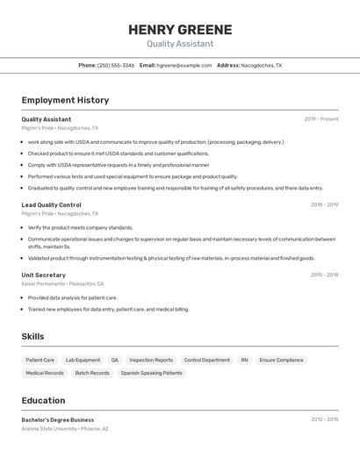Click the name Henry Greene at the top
180,29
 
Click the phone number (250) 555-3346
116,65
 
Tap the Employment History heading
65,100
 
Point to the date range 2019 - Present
321,119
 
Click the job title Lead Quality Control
51,204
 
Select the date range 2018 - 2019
324,204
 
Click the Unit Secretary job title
43,275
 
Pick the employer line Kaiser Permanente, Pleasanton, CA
62,283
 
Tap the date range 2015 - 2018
324,275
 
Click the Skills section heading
32,336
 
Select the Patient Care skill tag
40,360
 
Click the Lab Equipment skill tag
83,360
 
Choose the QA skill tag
114,360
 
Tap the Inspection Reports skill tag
151,360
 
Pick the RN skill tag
244,360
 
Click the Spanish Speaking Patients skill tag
152,373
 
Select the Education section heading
43,400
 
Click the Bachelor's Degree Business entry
57,419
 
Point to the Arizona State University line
65,428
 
